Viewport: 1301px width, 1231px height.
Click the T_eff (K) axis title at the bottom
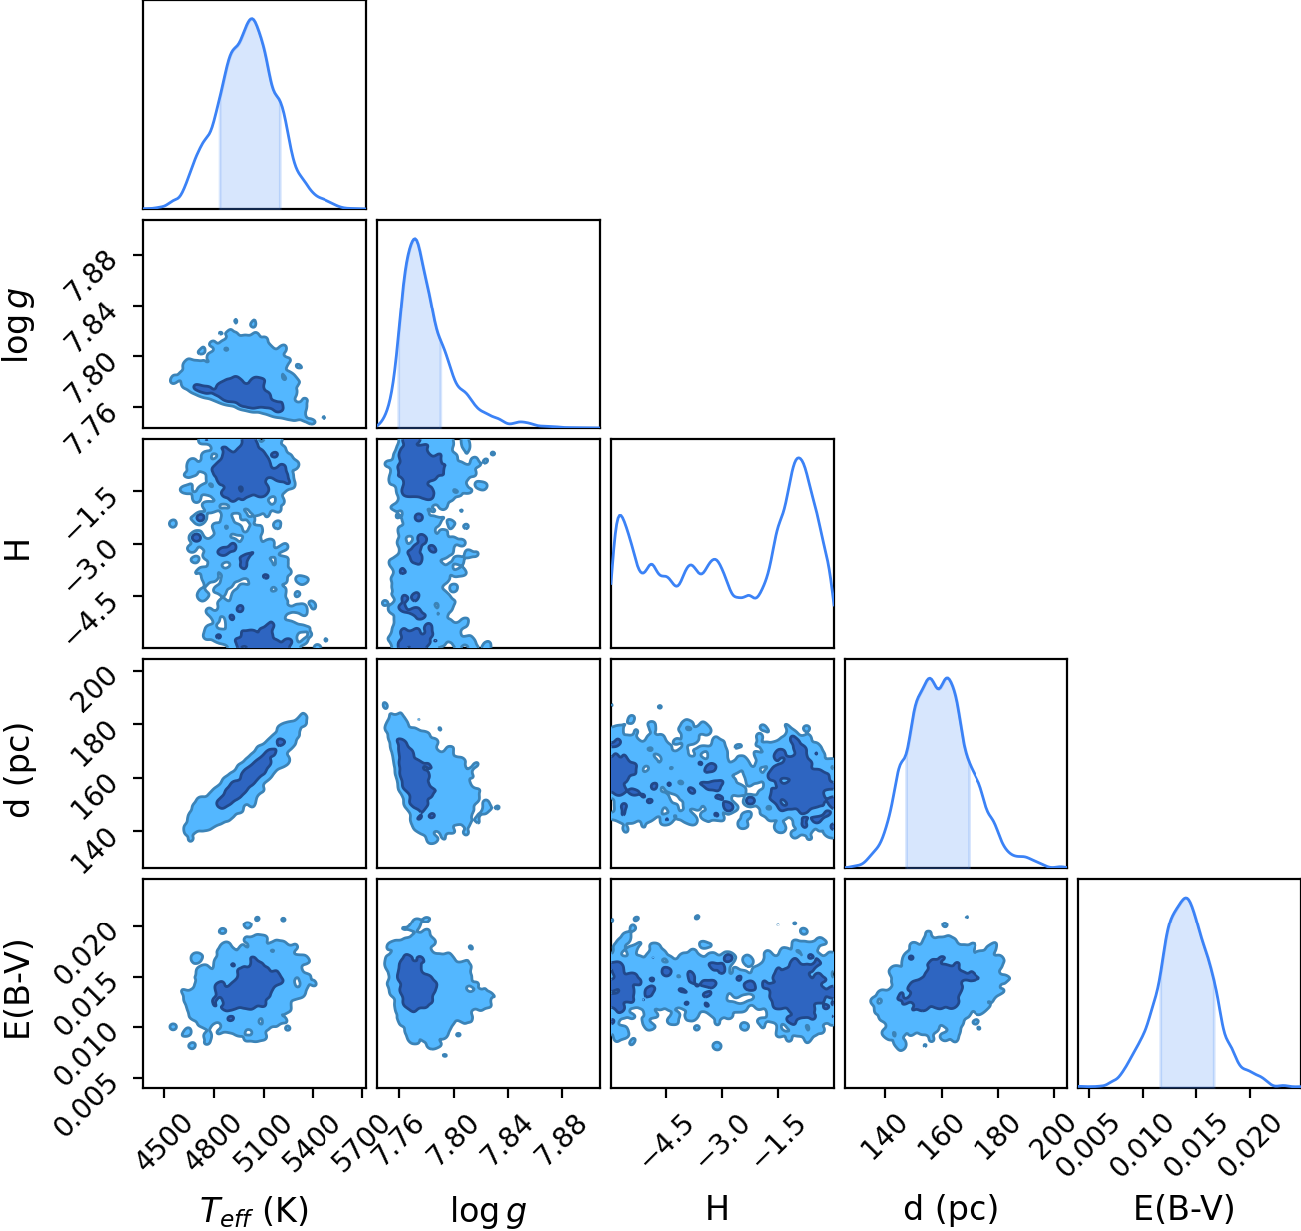click(255, 1210)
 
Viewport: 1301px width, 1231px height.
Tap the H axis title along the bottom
click(717, 1208)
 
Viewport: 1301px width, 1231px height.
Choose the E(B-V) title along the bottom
click(1184, 1209)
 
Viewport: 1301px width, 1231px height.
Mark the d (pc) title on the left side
click(19, 771)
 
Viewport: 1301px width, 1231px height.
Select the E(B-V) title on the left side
click(18, 988)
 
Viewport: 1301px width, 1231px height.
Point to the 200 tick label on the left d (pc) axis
click(96, 688)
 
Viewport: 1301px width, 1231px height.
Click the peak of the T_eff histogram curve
click(252, 19)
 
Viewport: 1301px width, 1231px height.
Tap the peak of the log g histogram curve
click(415, 239)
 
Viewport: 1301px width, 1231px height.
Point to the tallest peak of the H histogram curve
click(799, 458)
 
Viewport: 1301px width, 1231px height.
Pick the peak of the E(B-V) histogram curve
click(1186, 899)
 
